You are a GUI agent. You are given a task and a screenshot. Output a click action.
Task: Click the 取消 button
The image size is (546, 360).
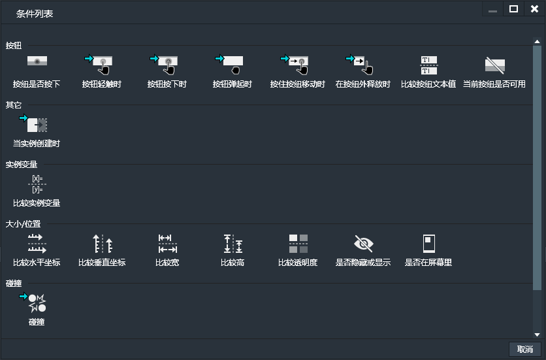click(x=524, y=350)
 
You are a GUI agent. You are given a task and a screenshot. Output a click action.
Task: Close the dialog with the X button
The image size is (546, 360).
click(x=534, y=9)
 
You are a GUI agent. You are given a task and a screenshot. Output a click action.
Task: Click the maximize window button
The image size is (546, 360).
click(x=513, y=9)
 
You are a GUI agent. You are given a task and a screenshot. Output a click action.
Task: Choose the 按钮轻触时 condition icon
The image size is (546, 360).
click(x=102, y=63)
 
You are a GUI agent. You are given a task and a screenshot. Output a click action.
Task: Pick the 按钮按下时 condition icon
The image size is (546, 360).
click(x=167, y=63)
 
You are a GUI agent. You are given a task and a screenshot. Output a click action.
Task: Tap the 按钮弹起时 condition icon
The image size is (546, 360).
click(x=233, y=63)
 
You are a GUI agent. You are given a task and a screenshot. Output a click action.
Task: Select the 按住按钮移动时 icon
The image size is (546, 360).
click(x=298, y=63)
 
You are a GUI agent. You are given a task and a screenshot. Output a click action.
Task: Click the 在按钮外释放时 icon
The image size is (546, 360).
click(x=362, y=63)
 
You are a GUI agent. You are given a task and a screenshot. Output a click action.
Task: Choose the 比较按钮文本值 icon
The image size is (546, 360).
click(x=428, y=63)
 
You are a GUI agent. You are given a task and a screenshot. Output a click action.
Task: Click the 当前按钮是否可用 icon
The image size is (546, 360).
click(x=494, y=63)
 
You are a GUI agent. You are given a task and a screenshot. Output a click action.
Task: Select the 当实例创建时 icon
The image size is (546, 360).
click(x=37, y=123)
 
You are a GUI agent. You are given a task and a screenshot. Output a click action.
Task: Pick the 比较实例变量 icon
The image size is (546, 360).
click(x=37, y=184)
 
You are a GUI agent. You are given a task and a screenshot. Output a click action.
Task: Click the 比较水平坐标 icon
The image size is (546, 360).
click(x=37, y=244)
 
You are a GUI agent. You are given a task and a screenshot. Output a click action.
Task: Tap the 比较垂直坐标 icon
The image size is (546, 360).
click(x=102, y=244)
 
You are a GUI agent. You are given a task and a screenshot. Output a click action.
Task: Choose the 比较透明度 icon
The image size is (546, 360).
click(x=298, y=244)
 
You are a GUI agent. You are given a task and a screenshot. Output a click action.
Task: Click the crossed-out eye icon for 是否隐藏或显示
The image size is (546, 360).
click(x=363, y=244)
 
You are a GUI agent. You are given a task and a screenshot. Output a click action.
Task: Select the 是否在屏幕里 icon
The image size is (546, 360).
click(x=428, y=244)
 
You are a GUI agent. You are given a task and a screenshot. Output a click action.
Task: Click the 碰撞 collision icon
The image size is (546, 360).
click(x=37, y=303)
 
